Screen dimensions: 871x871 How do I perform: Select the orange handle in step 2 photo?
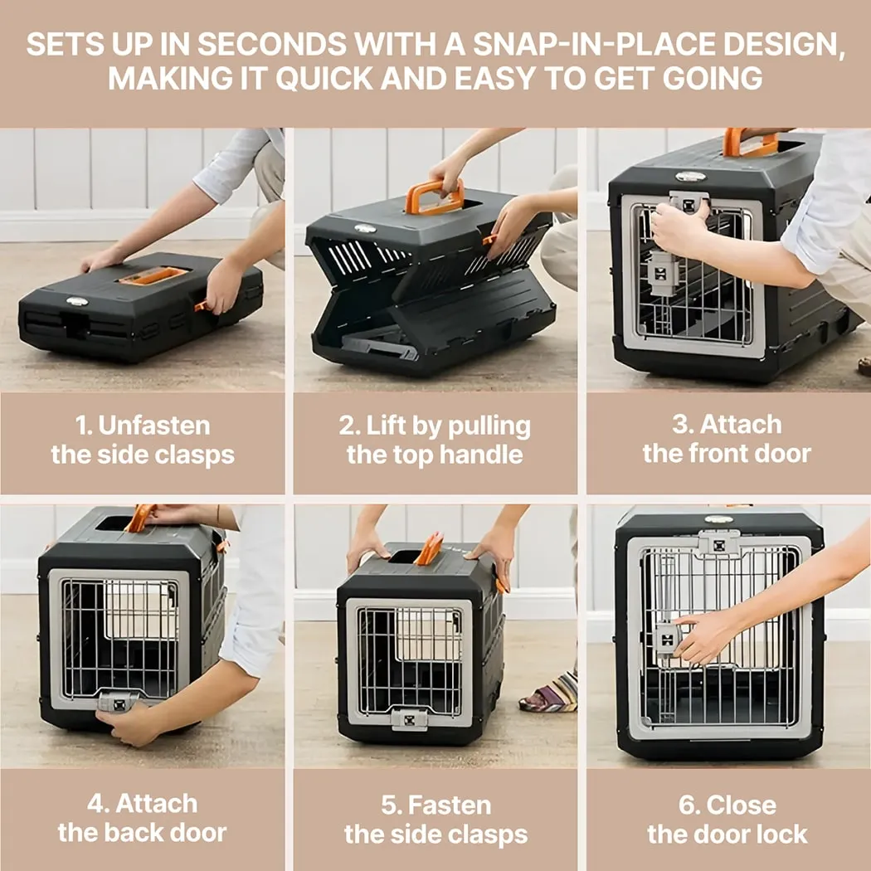435,197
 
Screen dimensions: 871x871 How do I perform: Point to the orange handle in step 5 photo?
431,549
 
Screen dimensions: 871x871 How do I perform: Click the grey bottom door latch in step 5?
410,718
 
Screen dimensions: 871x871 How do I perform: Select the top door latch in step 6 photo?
718,543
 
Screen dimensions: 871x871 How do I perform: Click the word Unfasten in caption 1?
154,426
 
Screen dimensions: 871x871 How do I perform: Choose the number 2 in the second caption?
346,426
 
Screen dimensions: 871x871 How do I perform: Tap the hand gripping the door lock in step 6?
704,637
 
